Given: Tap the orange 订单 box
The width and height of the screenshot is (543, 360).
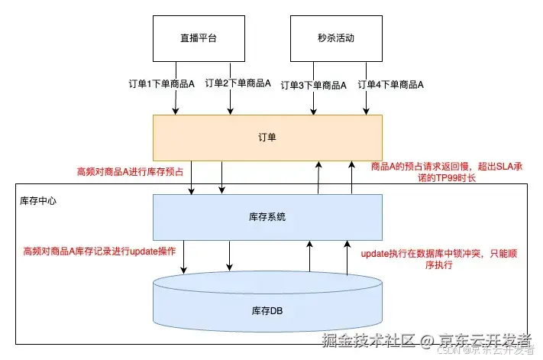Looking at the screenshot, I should pos(267,138).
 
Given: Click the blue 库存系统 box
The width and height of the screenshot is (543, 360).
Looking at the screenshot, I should pos(267,217).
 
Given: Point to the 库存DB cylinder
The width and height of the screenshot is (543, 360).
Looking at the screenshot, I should pos(267,309).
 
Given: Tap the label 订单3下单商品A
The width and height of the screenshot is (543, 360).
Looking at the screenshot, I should pos(314,84).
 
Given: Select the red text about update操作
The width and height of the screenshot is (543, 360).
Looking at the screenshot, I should pos(99,251).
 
